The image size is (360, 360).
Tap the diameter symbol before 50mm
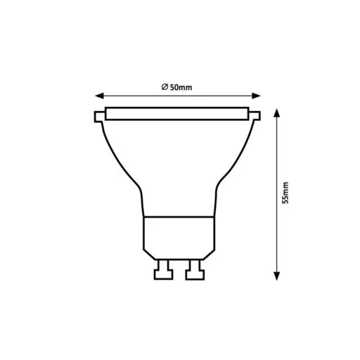(x=163, y=87)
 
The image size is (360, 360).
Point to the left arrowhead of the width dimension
(x=99, y=96)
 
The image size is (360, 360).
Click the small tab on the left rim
(x=97, y=115)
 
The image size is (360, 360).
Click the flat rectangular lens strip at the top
(x=179, y=113)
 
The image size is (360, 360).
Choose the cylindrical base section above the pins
(x=179, y=236)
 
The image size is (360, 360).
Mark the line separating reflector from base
(x=179, y=216)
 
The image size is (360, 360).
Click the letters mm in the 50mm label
(x=186, y=87)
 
